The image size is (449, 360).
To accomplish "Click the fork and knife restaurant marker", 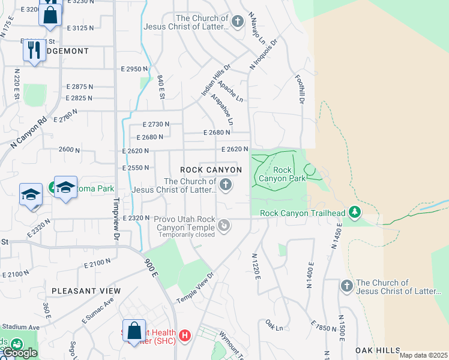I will (x=34, y=50).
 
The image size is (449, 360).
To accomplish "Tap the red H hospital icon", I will (x=185, y=334).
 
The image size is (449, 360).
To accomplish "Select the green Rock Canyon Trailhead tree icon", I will (x=355, y=211).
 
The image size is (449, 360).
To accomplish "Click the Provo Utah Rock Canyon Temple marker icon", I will (x=224, y=226).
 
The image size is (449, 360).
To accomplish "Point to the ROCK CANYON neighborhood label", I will (x=211, y=170).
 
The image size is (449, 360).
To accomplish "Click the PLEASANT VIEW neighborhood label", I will (x=86, y=291).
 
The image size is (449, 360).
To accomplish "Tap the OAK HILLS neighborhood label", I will (x=378, y=350).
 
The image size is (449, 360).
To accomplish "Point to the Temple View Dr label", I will (x=195, y=289).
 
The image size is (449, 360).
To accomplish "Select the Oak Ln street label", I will (x=274, y=325).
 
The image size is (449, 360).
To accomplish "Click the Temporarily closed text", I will (x=185, y=235).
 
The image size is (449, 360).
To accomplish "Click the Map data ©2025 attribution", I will (x=423, y=355).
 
